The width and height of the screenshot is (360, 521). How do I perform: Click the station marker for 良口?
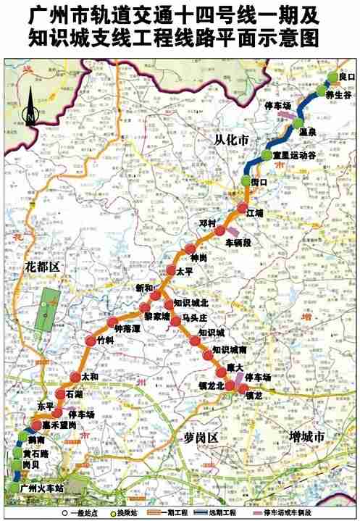tap(333, 77)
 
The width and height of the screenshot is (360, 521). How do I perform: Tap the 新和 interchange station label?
tap(145, 288)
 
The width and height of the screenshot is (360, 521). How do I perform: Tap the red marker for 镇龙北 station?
tap(230, 386)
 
